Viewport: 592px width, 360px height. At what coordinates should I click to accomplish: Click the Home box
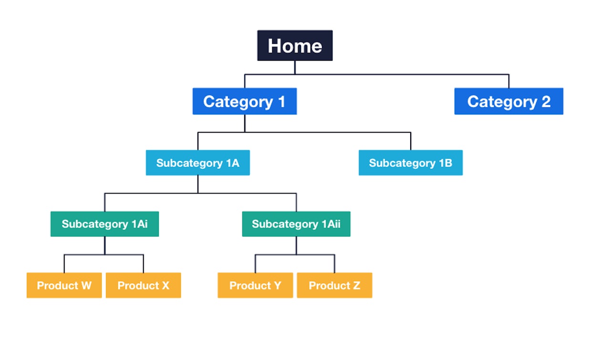pyautogui.click(x=295, y=46)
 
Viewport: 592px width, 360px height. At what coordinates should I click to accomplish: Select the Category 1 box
pyautogui.click(x=244, y=101)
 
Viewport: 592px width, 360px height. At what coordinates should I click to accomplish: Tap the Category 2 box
pyautogui.click(x=509, y=101)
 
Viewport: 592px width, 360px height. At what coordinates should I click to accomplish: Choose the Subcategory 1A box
pyautogui.click(x=197, y=163)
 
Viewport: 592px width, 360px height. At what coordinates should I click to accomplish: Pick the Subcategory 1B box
pyautogui.click(x=410, y=163)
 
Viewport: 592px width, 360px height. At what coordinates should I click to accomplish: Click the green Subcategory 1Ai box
pyautogui.click(x=104, y=224)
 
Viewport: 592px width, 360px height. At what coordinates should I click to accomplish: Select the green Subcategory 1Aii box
pyautogui.click(x=296, y=224)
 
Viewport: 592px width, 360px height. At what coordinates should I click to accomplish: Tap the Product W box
pyautogui.click(x=64, y=285)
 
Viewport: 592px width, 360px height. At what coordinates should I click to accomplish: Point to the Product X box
pyautogui.click(x=143, y=285)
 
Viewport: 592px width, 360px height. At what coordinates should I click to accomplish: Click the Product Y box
pyautogui.click(x=255, y=285)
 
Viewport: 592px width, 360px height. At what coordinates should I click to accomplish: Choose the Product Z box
pyautogui.click(x=334, y=285)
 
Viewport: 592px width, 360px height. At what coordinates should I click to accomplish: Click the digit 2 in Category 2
pyautogui.click(x=546, y=102)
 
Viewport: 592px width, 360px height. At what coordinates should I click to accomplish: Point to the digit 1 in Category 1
pyautogui.click(x=281, y=102)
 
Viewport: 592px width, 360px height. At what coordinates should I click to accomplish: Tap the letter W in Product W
pyautogui.click(x=86, y=286)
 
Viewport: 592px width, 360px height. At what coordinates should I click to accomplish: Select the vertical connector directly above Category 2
pyautogui.click(x=509, y=81)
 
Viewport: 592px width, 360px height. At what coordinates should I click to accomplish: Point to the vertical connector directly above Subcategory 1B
pyautogui.click(x=410, y=141)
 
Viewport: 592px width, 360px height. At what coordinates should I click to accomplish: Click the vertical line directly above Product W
pyautogui.click(x=64, y=264)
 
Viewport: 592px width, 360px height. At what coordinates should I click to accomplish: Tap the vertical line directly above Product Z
pyautogui.click(x=334, y=264)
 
